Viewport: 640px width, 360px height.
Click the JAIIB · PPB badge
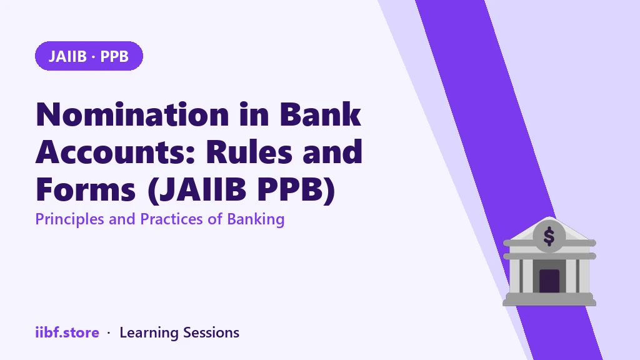pyautogui.click(x=89, y=56)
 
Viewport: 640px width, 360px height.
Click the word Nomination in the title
pyautogui.click(x=132, y=114)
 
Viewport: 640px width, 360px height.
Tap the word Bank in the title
pyautogui.click(x=321, y=114)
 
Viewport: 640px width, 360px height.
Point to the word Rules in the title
pyautogui.click(x=249, y=151)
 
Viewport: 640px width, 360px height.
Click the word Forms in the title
pyautogui.click(x=86, y=189)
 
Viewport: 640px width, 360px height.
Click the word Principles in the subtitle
pyautogui.click(x=70, y=219)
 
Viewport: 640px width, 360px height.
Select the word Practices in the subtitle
pyautogui.click(x=172, y=219)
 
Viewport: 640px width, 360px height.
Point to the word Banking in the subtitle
pyautogui.click(x=256, y=219)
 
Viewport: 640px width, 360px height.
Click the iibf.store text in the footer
pyautogui.click(x=67, y=332)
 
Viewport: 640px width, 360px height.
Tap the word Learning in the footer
pyautogui.click(x=149, y=333)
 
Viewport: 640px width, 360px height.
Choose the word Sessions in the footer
pyautogui.click(x=211, y=332)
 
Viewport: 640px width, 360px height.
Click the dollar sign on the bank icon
pyautogui.click(x=549, y=236)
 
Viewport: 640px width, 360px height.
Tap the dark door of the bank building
pyautogui.click(x=549, y=281)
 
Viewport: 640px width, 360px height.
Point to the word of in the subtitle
pyautogui.click(x=215, y=219)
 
